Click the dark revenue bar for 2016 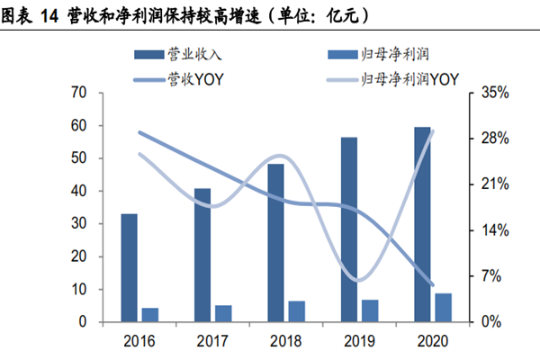point(130,267)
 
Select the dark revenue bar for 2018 point(275,242)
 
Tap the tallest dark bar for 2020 point(422,224)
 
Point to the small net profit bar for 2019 point(370,310)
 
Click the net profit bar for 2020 point(443,307)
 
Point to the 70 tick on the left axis point(78,93)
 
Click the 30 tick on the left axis point(78,224)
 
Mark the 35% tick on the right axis point(495,93)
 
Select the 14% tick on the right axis point(495,230)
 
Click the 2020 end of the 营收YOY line point(433,285)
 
